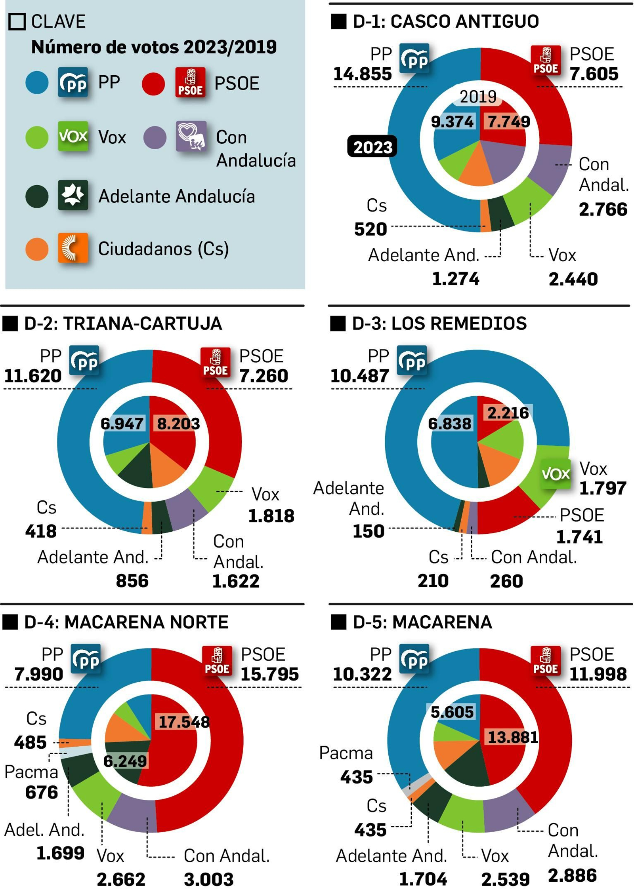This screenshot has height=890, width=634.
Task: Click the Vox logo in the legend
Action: pos(73,136)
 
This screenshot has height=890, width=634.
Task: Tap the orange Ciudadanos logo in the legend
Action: pos(73,248)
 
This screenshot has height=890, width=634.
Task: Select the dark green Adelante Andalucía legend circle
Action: pos(37,196)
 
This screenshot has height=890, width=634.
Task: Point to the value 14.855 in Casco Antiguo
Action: pos(362,74)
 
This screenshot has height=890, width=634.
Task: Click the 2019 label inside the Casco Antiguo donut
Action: pos(477,97)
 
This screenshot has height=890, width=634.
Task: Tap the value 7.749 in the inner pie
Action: pos(508,122)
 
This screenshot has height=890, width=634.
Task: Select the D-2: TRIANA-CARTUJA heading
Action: pos(122,323)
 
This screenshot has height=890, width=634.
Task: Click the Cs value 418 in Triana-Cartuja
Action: pos(41,531)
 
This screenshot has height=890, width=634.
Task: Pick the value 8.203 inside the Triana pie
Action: pos(178,424)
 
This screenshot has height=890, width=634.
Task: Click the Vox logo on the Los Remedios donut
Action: pos(555,473)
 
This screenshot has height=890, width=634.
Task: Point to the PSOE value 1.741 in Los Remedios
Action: pos(579,537)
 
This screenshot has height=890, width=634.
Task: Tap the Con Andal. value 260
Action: pos(506,581)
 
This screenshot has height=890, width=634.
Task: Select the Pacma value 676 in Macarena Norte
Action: pos(41,792)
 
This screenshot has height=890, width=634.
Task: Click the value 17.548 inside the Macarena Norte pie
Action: pos(183,722)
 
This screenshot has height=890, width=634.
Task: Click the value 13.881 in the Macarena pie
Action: pos(512,737)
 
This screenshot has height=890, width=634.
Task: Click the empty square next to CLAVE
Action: pos(17,21)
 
